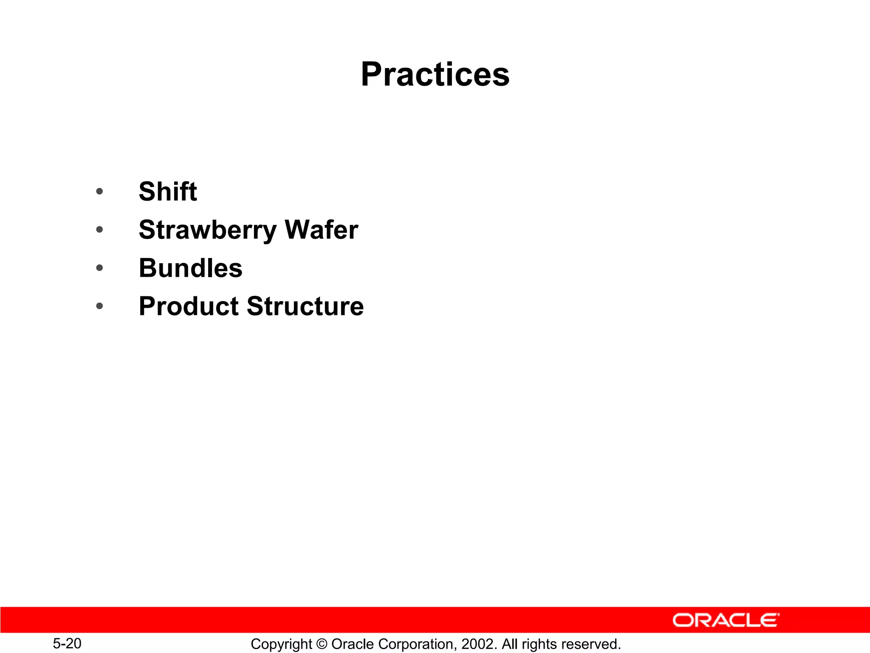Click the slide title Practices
[x=435, y=74]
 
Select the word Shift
[x=168, y=191]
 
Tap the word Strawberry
[x=208, y=230]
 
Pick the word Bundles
[x=190, y=268]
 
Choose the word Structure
[x=305, y=307]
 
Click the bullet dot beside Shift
[x=99, y=192]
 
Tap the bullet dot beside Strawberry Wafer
[x=99, y=230]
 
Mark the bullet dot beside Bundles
[x=99, y=268]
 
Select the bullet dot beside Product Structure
[x=99, y=306]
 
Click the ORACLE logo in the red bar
[x=726, y=620]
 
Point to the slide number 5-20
[x=67, y=644]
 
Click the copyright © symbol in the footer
[x=322, y=644]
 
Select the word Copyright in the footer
[x=281, y=644]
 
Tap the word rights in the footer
[x=539, y=644]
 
